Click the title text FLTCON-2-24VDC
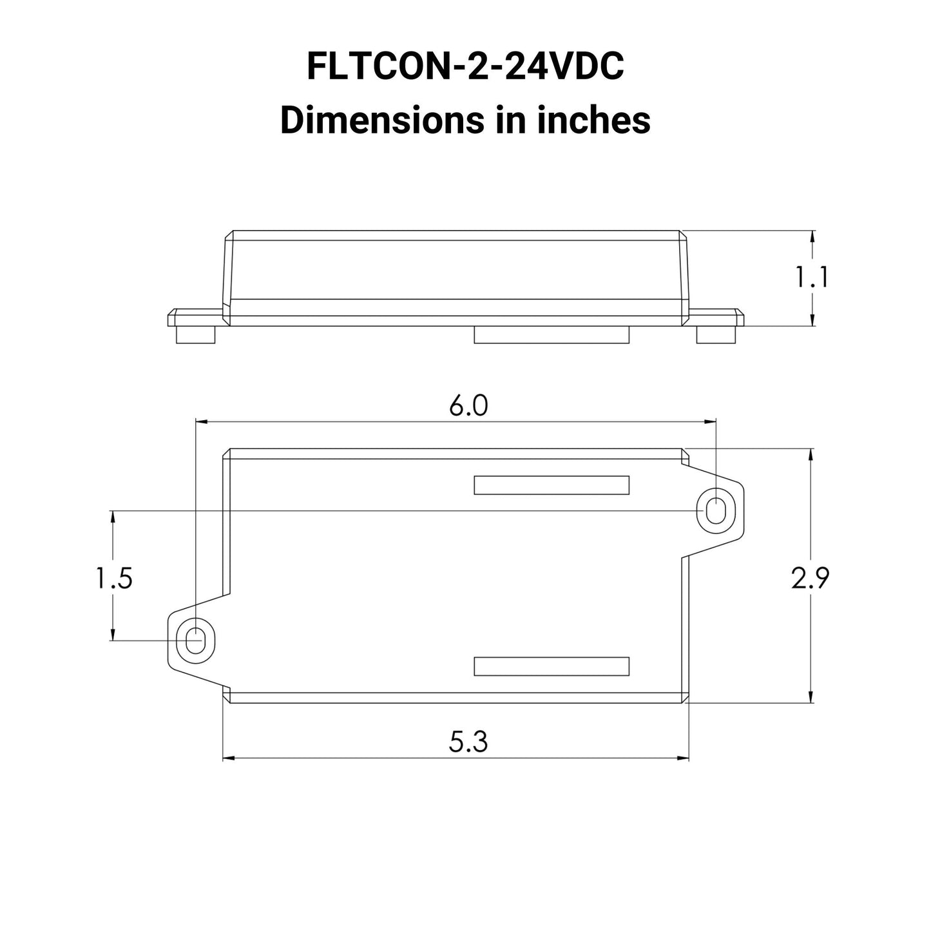click(465, 66)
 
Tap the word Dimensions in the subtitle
click(382, 120)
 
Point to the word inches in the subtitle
click(594, 120)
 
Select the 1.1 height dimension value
click(812, 277)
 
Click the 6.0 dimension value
click(468, 406)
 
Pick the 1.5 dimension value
click(115, 578)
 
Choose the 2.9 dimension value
click(811, 578)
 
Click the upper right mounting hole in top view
click(716, 511)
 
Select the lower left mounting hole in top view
click(195, 640)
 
